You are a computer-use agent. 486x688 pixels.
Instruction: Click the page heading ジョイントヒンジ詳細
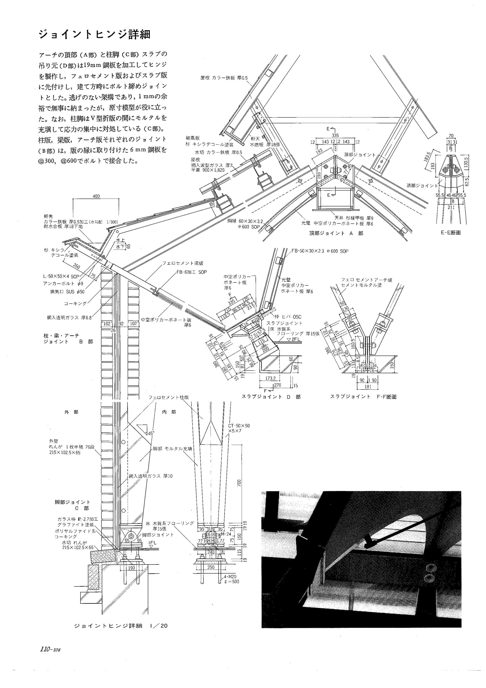(x=94, y=34)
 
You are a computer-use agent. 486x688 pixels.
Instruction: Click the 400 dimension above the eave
(x=96, y=196)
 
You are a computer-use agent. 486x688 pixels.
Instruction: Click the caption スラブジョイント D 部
(x=271, y=397)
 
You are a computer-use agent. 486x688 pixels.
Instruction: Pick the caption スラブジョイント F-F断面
(x=364, y=397)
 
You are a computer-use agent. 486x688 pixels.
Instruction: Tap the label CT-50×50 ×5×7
(x=239, y=428)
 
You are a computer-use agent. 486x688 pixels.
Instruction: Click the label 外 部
(x=71, y=412)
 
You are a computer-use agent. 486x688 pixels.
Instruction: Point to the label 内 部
(x=169, y=412)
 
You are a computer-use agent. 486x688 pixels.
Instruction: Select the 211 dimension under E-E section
(x=451, y=207)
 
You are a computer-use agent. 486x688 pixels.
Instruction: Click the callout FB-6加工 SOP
(x=192, y=272)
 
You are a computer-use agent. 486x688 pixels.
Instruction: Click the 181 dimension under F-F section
(x=368, y=386)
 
